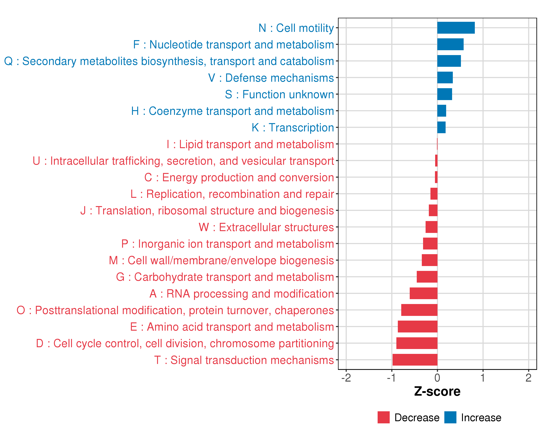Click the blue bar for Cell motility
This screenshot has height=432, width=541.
tap(456, 28)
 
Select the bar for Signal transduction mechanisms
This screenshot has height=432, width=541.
tap(415, 360)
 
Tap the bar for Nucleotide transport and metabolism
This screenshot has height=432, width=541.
tap(450, 44)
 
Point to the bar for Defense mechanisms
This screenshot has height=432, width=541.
tap(445, 78)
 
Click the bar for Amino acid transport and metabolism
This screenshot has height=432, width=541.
tap(417, 327)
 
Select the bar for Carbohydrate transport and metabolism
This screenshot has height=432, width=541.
tap(427, 277)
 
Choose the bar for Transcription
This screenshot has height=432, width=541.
tap(441, 127)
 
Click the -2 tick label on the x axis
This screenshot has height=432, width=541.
tap(346, 378)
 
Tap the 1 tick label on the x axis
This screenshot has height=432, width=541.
tap(483, 378)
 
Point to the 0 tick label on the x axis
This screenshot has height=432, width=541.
tap(437, 378)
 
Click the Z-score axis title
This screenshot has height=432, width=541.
tap(437, 391)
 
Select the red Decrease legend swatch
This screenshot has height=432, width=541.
tap(383, 417)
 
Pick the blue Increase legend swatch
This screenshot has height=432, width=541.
tap(450, 417)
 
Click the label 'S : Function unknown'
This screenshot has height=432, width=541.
tap(279, 94)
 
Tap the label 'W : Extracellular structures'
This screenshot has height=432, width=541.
tap(266, 227)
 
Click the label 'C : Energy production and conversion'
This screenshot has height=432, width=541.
tap(239, 177)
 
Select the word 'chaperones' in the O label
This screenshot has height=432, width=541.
tap(304, 310)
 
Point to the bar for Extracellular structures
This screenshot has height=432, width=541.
tap(431, 227)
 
